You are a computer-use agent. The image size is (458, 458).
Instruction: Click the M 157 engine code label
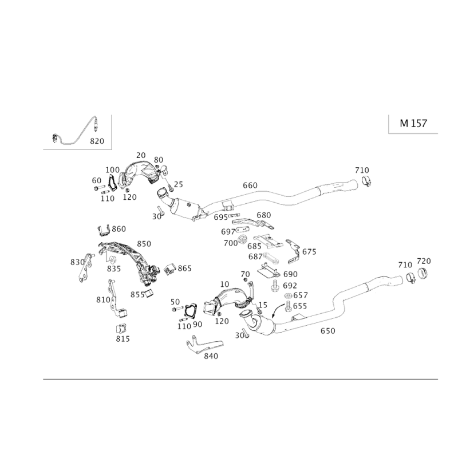click(413, 123)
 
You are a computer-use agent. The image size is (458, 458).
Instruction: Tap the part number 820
click(97, 141)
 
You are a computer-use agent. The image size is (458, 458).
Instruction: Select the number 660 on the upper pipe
click(250, 185)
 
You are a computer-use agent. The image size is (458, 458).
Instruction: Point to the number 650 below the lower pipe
click(327, 331)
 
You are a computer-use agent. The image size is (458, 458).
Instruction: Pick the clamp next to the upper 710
click(366, 180)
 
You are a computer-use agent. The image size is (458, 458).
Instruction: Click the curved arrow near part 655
click(277, 310)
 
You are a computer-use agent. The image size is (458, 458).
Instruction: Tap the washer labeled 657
click(288, 295)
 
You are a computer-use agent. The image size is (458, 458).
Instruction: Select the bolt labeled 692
click(275, 286)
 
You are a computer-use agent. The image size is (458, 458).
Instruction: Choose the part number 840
click(211, 356)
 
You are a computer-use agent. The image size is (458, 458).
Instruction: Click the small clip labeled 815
click(121, 329)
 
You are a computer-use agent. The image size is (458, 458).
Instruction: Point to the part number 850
click(144, 244)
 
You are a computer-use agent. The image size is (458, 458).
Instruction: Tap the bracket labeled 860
click(104, 230)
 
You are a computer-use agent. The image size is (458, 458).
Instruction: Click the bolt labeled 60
click(99, 188)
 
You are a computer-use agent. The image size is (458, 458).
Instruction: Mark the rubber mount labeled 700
click(242, 239)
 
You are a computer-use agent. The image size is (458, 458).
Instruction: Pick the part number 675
click(309, 252)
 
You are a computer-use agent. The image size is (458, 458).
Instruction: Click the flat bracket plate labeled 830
click(85, 268)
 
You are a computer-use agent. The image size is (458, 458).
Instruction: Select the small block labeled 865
click(169, 269)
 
